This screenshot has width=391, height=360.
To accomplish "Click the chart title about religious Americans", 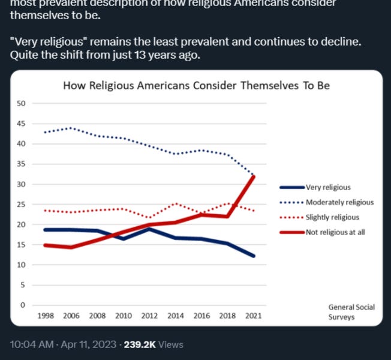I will pos(197,86).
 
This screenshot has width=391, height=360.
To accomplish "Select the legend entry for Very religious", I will pos(327,187).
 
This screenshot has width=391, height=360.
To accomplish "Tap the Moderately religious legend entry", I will pos(339,202).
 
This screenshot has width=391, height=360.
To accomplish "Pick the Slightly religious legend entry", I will pos(332,217).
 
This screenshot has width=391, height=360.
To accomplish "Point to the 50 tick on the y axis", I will pos(20,103).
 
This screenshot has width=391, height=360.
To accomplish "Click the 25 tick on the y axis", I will pos(20,205).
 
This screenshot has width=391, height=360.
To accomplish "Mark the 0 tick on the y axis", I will pos(22,305).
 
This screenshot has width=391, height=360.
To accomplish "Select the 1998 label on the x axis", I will pos(46,316).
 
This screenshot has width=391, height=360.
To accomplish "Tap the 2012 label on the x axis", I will pos(149,316).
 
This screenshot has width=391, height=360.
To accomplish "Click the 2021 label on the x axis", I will pos(253,316).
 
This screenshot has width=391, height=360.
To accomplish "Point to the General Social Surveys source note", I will pos(351,312).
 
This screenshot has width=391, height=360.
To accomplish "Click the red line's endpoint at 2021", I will pos(254,176).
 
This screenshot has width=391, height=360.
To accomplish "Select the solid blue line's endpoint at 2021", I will pos(254,256).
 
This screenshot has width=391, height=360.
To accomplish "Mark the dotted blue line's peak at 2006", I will pos(71,128).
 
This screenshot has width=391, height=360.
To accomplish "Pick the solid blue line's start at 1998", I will pos(46,230).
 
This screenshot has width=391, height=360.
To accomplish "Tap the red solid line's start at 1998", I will pos(46,245).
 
